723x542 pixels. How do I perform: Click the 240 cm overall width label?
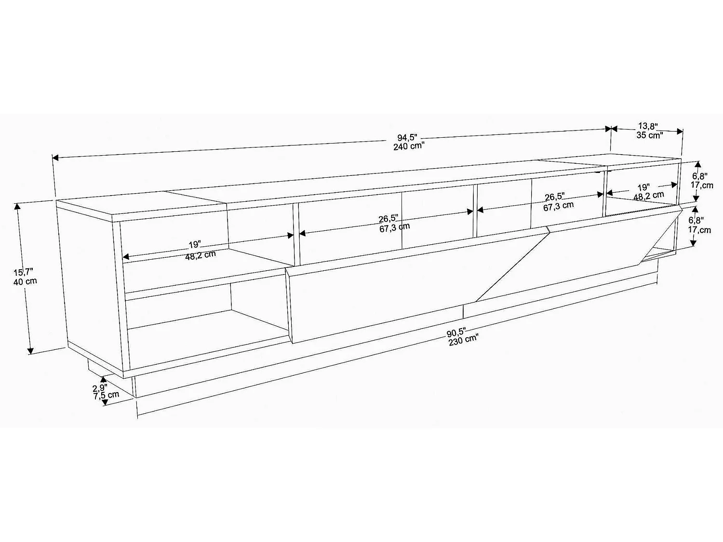[x=408, y=146]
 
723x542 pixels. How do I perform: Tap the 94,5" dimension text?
[x=408, y=138]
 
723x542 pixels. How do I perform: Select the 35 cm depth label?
[x=649, y=135]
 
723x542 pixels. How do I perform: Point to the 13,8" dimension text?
[x=647, y=126]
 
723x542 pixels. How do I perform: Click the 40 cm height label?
[x=25, y=281]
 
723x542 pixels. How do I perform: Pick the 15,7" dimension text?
[x=24, y=273]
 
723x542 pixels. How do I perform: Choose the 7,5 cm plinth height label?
[x=106, y=395]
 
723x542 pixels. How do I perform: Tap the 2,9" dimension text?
[x=100, y=387]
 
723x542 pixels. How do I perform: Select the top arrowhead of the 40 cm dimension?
[x=17, y=207]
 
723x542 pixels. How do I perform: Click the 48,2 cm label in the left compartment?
[x=201, y=255]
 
